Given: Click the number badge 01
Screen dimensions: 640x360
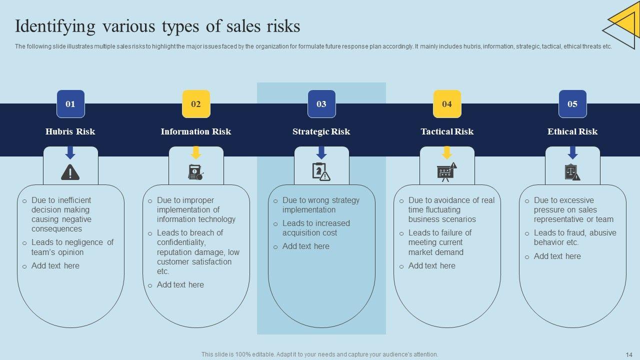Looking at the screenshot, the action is click(x=70, y=104).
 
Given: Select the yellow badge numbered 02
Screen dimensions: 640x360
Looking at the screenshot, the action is click(x=196, y=104).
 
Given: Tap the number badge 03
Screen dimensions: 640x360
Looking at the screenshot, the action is click(x=321, y=104).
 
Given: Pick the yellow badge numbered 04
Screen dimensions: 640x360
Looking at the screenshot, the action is click(x=447, y=104).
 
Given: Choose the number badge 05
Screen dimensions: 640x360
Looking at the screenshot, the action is click(x=572, y=104).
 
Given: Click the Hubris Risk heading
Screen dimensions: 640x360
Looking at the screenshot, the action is click(x=70, y=131).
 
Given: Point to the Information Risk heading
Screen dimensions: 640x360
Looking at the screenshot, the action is click(x=196, y=131).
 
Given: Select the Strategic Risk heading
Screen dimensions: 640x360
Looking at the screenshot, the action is click(x=321, y=131).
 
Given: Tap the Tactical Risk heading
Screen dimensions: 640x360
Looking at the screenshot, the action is click(x=447, y=131).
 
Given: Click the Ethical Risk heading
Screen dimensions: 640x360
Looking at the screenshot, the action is click(x=572, y=131).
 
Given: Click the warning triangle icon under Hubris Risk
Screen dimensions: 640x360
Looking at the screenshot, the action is click(x=70, y=172).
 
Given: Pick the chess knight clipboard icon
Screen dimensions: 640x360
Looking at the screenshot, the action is click(x=321, y=172).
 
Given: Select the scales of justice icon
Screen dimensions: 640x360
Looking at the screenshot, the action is click(x=572, y=172).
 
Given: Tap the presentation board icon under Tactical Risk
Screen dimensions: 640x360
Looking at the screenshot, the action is click(x=446, y=172).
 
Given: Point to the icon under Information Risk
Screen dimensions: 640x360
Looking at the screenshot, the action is click(x=195, y=172).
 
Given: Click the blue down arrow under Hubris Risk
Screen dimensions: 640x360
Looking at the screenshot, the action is click(x=70, y=152).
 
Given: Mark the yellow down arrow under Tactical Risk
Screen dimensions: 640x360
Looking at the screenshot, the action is click(x=447, y=152).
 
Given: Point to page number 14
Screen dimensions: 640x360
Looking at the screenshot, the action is click(x=629, y=354).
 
